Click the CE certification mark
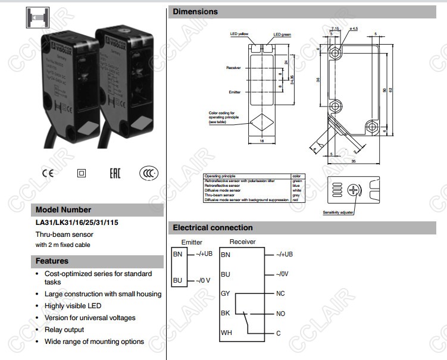pos(47,174)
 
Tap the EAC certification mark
pos(115,174)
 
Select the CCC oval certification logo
pos(149,173)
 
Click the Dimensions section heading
pos(195,11)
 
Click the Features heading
pos(52,261)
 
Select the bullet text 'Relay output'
pos(64,330)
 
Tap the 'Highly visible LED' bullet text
pos(73,306)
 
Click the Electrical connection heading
pos(212,227)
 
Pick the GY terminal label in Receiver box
pos(226,294)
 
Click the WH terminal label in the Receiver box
pos(226,333)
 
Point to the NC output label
pos(281,294)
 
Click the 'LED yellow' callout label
pos(239,35)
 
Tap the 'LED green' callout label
pos(283,35)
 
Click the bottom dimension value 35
pos(354,161)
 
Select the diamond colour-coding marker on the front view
pos(262,122)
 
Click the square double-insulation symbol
pos(82,174)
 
